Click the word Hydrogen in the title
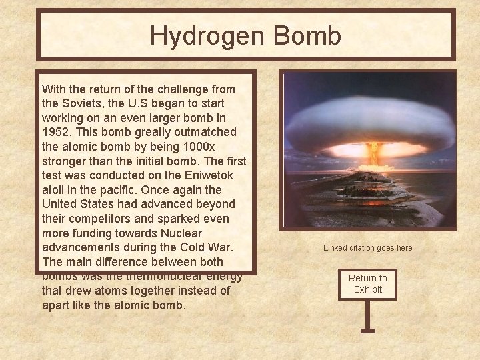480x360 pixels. (x=197, y=35)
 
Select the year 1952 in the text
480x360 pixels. (x=56, y=132)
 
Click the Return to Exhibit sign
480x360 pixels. (x=367, y=283)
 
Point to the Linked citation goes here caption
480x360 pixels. (x=367, y=248)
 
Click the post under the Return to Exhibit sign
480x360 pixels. (x=367, y=315)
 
